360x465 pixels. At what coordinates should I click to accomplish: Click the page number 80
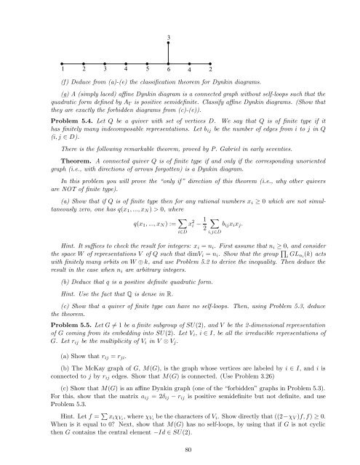pyautogui.click(x=180, y=450)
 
